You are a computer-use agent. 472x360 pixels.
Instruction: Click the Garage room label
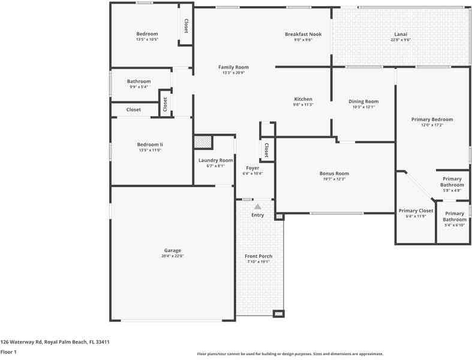point(172,250)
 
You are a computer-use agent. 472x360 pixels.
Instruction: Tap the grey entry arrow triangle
point(257,206)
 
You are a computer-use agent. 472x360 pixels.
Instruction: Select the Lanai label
point(401,34)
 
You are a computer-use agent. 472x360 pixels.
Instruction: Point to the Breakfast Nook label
point(303,34)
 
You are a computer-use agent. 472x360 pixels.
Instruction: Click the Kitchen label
point(303,99)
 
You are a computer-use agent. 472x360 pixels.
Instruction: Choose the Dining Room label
point(363,101)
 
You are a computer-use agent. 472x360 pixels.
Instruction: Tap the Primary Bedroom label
point(432,119)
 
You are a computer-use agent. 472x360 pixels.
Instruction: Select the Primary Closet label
point(416,211)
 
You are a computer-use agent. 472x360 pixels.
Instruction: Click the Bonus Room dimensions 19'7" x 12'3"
point(334,179)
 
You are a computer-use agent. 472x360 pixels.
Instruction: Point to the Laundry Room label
point(215,160)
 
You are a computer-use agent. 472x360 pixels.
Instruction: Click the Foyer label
point(252,168)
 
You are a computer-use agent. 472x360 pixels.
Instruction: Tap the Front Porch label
point(258,256)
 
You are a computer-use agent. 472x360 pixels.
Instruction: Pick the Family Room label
point(233,67)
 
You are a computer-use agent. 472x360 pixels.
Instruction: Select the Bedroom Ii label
point(149,145)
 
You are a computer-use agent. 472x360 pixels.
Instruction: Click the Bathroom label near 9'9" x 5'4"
point(139,81)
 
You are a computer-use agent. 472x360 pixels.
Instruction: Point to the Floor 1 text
point(8,352)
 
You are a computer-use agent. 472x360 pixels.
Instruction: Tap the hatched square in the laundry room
point(203,142)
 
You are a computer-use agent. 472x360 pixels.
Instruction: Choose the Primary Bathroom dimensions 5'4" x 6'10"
point(454,225)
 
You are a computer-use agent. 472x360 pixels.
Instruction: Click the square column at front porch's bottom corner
point(278,313)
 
